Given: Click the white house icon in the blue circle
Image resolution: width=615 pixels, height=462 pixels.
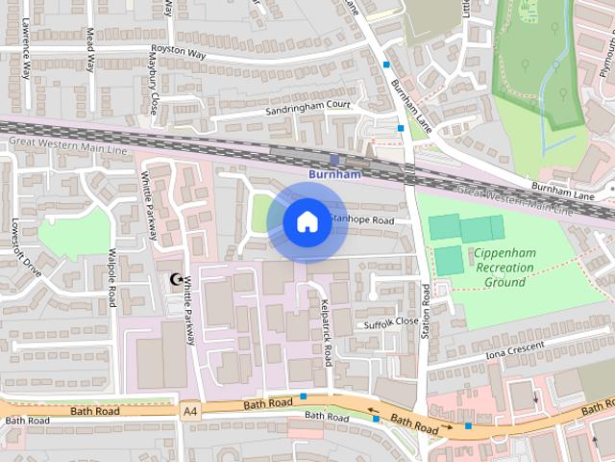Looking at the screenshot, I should coord(307,222).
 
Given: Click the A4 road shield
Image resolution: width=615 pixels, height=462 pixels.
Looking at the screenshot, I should coord(191,410).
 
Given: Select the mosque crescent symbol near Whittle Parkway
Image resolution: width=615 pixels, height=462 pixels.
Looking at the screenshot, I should coord(175,280).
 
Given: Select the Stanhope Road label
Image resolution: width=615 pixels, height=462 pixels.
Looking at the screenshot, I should coord(361,220).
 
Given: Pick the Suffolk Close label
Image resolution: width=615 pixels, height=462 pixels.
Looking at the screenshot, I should coord(391,323).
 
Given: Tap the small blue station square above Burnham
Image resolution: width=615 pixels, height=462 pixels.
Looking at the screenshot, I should coord(333,160).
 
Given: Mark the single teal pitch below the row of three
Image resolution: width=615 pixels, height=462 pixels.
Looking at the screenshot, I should coord(447,259).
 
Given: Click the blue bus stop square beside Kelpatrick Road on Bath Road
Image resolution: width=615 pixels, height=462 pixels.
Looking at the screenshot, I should coord(304,397).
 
